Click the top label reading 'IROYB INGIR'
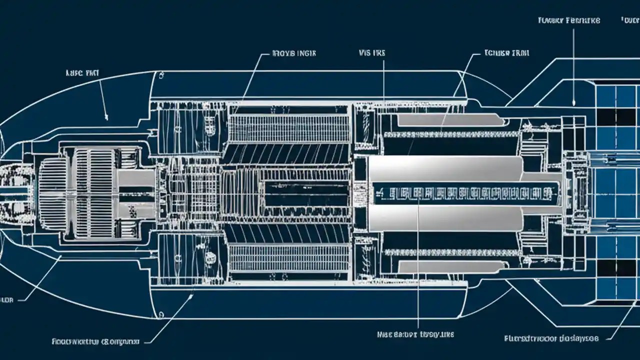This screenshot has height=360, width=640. click(293, 52)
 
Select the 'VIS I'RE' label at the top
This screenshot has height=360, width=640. click(372, 52)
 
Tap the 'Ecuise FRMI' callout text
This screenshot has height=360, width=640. click(506, 52)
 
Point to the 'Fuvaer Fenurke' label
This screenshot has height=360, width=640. click(569, 20)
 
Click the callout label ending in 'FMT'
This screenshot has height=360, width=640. click(83, 72)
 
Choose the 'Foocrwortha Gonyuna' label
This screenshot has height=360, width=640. click(95, 342)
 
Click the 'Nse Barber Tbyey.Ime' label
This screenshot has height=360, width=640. click(415, 333)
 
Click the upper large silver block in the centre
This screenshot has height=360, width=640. click(445, 168)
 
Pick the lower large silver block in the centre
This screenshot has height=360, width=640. click(445, 218)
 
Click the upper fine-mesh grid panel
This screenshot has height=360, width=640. click(289, 128)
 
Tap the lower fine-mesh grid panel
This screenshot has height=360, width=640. click(289, 258)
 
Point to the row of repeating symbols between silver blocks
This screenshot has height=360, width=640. click(465, 193)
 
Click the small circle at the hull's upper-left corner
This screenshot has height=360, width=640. click(161, 76)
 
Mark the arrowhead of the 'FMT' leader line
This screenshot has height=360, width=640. click(106, 118)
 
